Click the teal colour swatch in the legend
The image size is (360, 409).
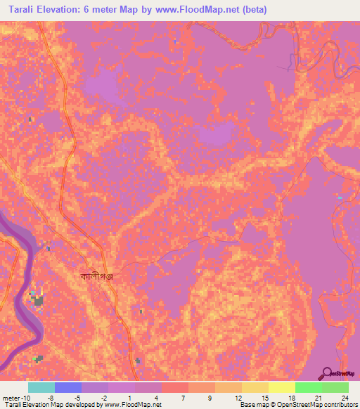(41, 387)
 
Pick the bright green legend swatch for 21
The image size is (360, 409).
(308, 387)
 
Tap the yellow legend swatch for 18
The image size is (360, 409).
(281, 387)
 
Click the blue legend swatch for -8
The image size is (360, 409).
(67, 387)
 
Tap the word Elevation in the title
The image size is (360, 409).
(67, 11)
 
